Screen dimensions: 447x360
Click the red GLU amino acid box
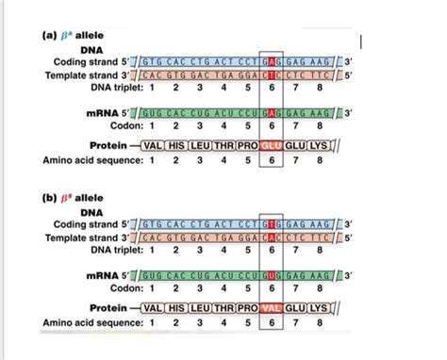272,146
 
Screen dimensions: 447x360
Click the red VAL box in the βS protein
272,308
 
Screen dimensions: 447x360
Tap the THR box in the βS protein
226,308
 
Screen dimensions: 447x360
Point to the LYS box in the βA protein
319,146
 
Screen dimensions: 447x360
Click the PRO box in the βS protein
248,308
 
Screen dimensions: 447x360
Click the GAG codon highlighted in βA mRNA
272,111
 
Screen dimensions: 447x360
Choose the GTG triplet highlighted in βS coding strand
272,226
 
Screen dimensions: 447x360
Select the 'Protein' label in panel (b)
107,308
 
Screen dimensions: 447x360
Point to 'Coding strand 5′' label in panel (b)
81,226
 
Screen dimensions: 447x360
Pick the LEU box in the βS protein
202,308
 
